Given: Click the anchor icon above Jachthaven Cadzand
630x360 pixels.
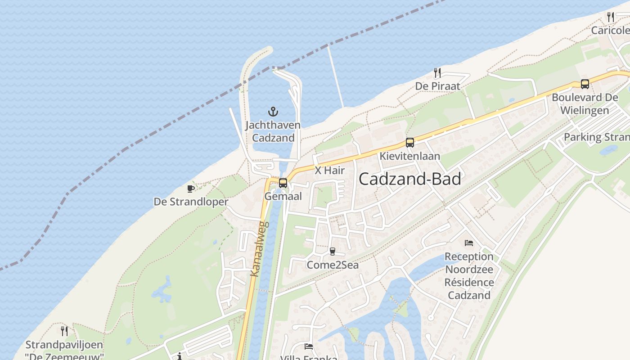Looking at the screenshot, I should [273, 111].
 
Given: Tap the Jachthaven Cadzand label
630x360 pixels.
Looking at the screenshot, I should [273, 131].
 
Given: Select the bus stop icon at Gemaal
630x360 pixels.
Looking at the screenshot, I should [283, 183].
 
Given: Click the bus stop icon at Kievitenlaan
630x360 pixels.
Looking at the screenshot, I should [409, 143].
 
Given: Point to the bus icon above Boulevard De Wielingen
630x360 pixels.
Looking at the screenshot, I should [585, 84].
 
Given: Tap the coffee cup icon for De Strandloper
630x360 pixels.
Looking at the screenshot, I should [191, 189].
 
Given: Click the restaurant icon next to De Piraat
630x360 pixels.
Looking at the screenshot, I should [436, 72].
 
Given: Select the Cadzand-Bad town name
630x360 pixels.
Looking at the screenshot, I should [410, 179].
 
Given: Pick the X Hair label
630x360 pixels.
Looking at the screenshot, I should [329, 171].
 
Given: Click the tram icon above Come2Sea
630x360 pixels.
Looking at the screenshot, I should [333, 252].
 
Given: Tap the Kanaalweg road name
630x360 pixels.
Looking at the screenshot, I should [259, 248].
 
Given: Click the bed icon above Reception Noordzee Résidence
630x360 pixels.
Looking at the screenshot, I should [469, 243].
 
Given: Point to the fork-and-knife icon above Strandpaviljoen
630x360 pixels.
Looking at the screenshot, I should [64, 331].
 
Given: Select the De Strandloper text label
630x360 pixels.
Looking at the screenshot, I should [191, 202].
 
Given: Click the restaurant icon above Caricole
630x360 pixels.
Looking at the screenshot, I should [611, 17].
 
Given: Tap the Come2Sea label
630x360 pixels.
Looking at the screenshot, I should [333, 265].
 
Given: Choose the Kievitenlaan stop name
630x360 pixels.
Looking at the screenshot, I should [409, 156].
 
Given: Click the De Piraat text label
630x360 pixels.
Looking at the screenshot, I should [437, 86].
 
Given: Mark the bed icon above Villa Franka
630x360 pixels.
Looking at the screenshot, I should [309, 346].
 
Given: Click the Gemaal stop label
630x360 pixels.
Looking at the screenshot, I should [283, 197].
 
